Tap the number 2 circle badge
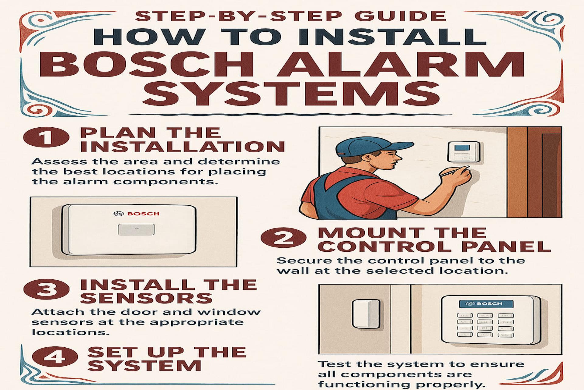(283, 238)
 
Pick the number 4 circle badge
(54, 357)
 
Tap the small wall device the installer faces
(464, 151)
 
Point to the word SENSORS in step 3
(146, 298)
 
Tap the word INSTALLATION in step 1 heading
(182, 147)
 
